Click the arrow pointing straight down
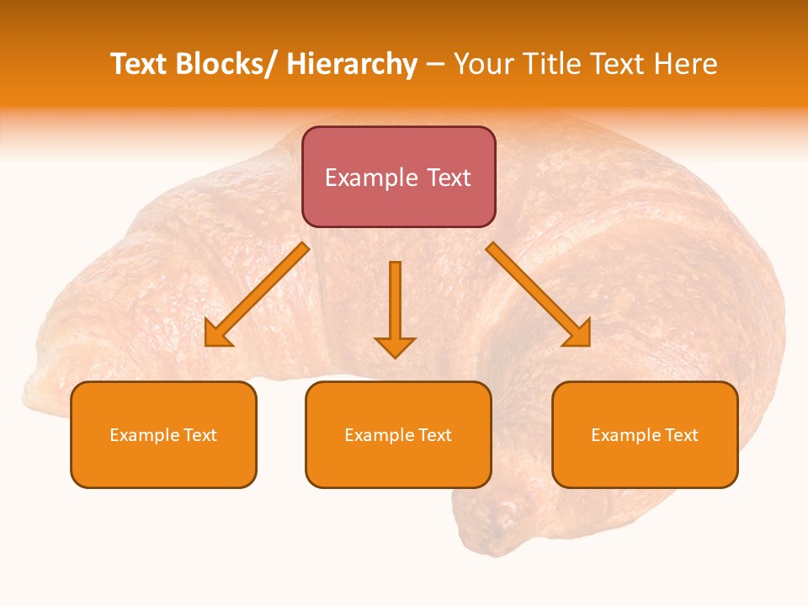pyautogui.click(x=395, y=308)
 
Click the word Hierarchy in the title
pyautogui.click(x=352, y=64)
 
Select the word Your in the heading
pyautogui.click(x=483, y=64)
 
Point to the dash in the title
pyautogui.click(x=435, y=65)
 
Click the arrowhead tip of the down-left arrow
pyautogui.click(x=208, y=344)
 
